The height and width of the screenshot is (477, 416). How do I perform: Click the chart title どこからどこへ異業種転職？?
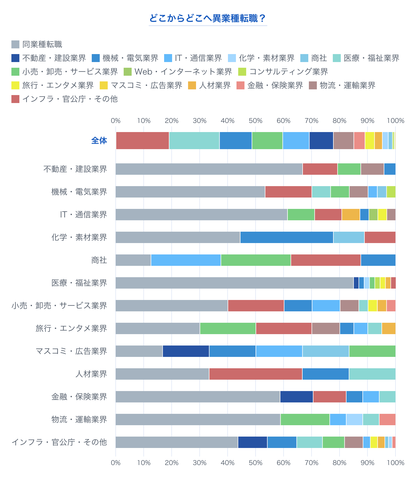tap(208, 18)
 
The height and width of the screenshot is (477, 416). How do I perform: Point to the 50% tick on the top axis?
tap(255, 121)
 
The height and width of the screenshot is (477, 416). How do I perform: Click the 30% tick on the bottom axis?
tap(199, 463)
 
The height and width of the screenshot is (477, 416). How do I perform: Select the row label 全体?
tap(99, 141)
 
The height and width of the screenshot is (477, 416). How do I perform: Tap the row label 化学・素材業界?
tap(79, 237)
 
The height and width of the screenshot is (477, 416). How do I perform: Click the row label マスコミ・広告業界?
tap(71, 351)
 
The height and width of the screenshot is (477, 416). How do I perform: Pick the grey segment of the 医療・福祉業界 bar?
tap(234, 283)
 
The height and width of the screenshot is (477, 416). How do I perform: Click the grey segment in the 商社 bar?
tap(133, 260)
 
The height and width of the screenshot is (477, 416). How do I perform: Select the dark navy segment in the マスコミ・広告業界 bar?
tap(186, 351)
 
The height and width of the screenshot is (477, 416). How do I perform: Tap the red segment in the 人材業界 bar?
tap(256, 374)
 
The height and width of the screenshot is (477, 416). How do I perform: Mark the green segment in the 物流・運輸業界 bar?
tap(305, 420)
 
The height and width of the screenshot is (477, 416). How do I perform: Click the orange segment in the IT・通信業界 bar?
tap(351, 215)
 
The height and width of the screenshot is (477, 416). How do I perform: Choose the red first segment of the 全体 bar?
tap(142, 141)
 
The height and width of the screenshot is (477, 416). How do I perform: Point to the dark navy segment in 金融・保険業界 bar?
tap(296, 397)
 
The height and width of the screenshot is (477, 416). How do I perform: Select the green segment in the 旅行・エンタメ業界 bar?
tap(228, 328)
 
